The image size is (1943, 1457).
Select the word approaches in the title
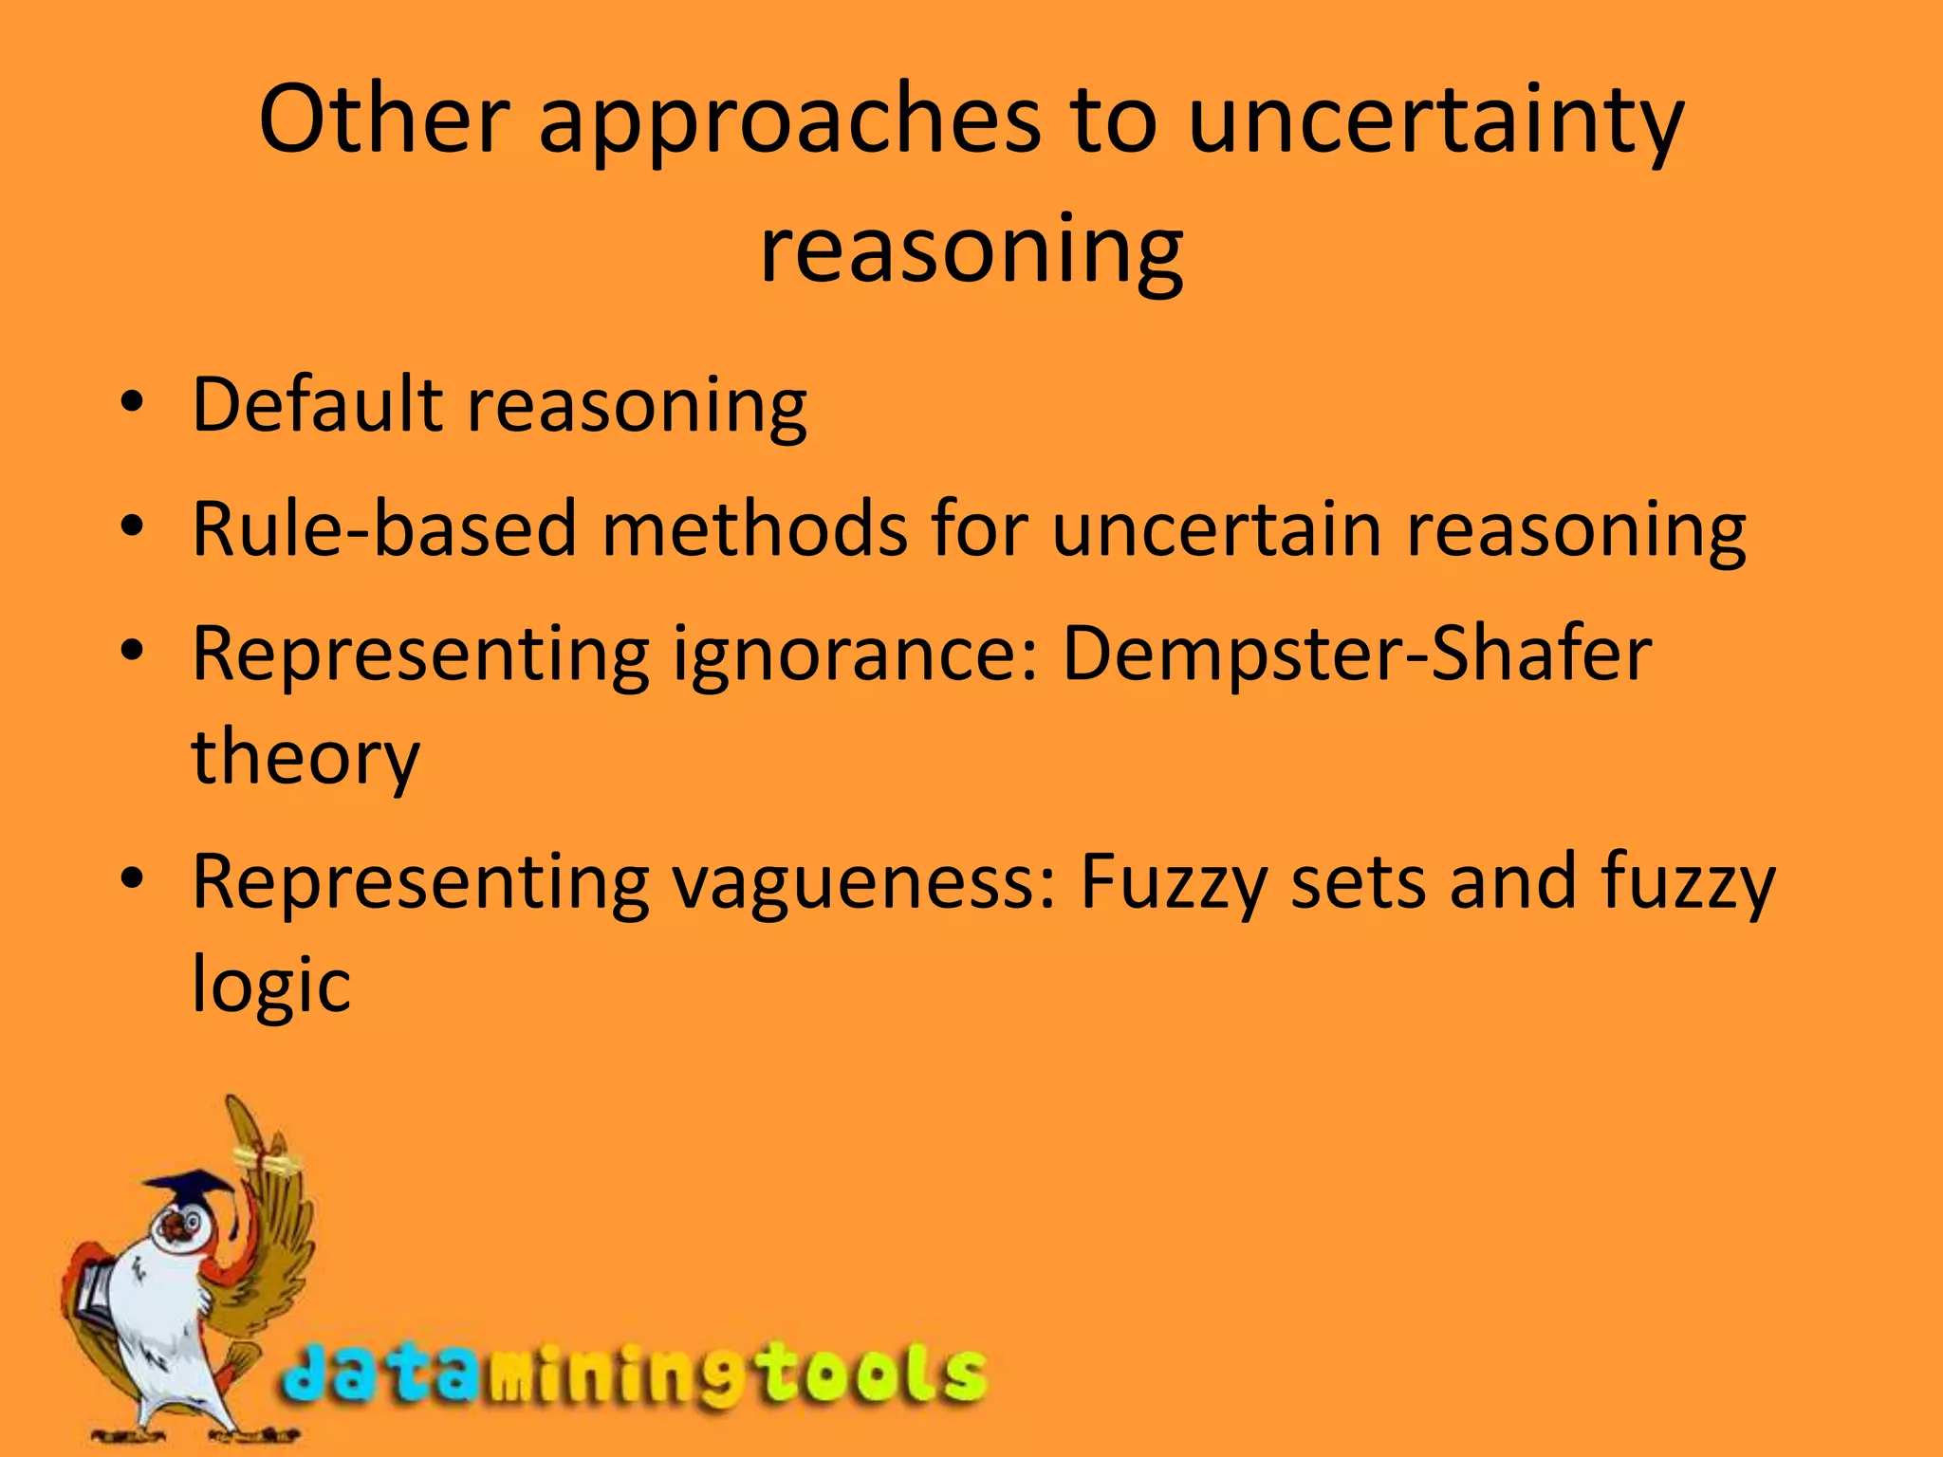pos(791,123)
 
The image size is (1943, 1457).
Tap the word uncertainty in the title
pos(1435,123)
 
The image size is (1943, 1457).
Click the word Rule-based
pos(384,528)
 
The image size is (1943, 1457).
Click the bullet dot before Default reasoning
pos(132,402)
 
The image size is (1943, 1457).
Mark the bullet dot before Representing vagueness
pos(132,879)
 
